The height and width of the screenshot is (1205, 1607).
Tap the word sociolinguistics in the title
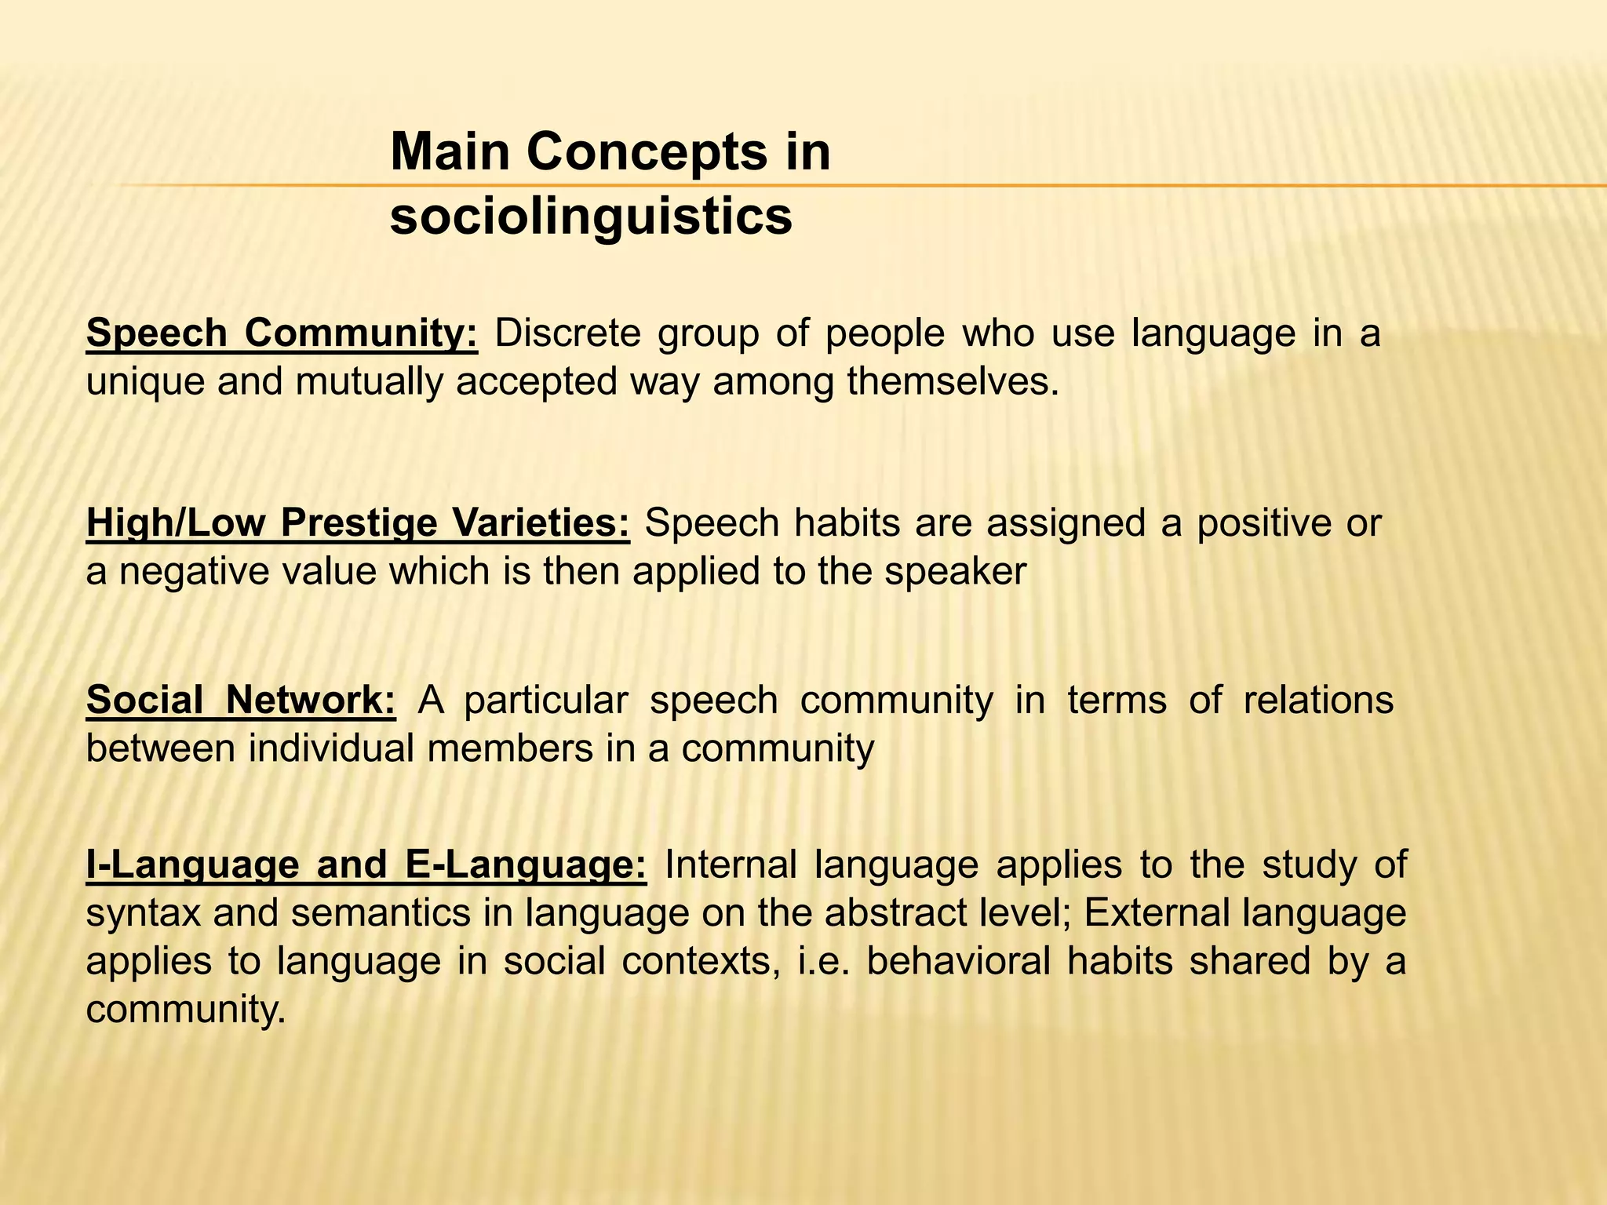coord(591,216)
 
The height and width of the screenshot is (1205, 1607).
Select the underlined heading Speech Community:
coord(282,333)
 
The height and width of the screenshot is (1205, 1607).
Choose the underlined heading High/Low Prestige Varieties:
coord(358,523)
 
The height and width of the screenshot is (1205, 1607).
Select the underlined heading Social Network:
coord(241,700)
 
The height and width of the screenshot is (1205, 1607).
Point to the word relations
coord(1318,700)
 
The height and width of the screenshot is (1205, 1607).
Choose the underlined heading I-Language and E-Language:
coord(366,865)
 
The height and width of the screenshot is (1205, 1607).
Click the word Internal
coord(731,865)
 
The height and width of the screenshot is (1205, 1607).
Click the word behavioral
coord(957,961)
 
